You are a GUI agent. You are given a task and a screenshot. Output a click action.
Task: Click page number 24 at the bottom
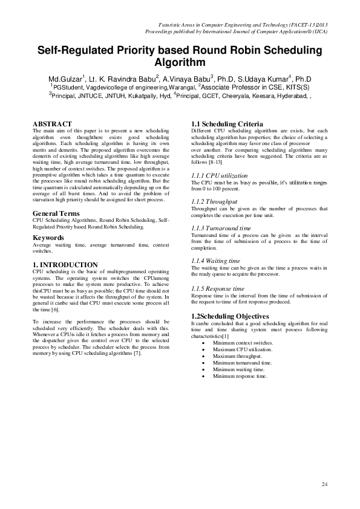point(324,485)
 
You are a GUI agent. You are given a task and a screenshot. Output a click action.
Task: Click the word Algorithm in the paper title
point(180,62)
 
